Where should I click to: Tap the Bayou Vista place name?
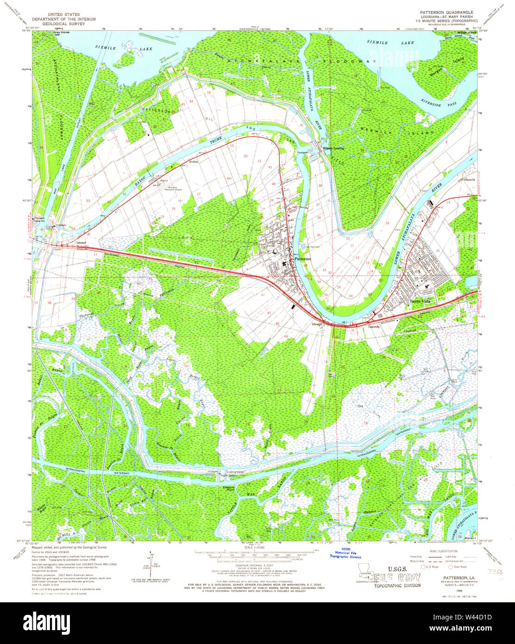coord(419,302)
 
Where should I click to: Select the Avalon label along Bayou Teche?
coord(193,162)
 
